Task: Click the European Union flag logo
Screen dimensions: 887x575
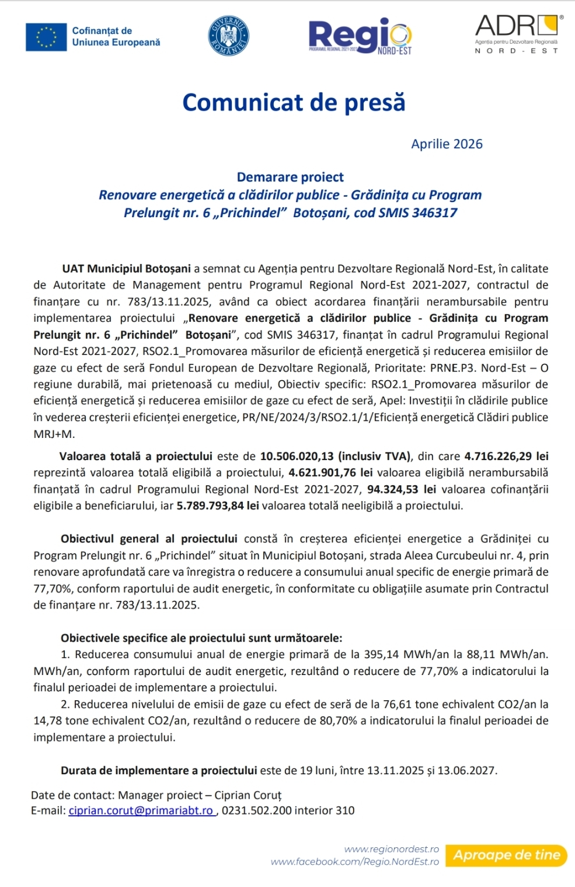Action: pyautogui.click(x=46, y=37)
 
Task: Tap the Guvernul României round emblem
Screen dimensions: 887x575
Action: pyautogui.click(x=228, y=36)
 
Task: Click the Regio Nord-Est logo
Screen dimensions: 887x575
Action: pyautogui.click(x=360, y=37)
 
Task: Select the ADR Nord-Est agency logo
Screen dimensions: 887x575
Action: pyautogui.click(x=517, y=34)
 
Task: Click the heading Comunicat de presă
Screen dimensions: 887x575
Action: pyautogui.click(x=294, y=102)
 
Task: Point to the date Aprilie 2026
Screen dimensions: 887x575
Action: pyautogui.click(x=447, y=144)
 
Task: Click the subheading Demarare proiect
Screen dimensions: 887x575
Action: pyautogui.click(x=290, y=177)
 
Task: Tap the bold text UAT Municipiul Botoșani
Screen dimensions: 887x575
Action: pyautogui.click(x=127, y=269)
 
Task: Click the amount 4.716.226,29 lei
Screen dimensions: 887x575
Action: pyautogui.click(x=506, y=456)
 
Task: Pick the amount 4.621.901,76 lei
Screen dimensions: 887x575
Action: pyautogui.click(x=330, y=472)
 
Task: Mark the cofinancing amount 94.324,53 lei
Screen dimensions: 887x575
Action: pyautogui.click(x=401, y=489)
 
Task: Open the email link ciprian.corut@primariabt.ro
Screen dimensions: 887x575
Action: pyautogui.click(x=141, y=811)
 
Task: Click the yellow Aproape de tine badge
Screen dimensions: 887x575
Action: pyautogui.click(x=506, y=855)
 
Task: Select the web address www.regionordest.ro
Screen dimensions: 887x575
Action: pyautogui.click(x=391, y=849)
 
